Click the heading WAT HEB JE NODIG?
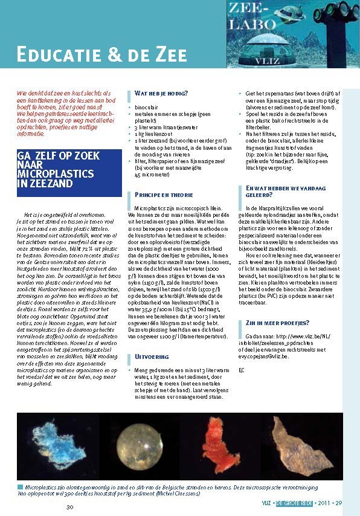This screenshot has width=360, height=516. [161, 93]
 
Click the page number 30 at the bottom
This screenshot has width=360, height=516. [69, 506]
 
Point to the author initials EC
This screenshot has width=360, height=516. [242, 369]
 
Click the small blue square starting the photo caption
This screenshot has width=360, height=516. [20, 486]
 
